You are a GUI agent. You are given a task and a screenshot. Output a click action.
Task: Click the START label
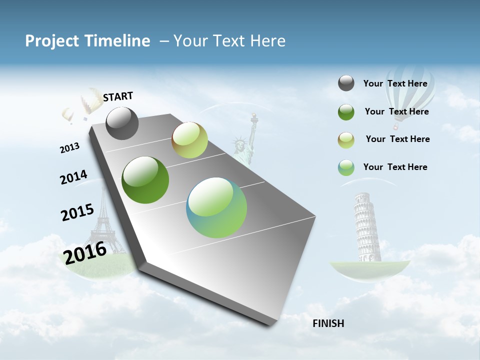click(x=118, y=96)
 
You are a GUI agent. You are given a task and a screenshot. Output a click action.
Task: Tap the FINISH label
click(x=328, y=323)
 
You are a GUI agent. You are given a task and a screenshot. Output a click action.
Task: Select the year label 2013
click(x=69, y=147)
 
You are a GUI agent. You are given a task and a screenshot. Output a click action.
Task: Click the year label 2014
click(x=73, y=177)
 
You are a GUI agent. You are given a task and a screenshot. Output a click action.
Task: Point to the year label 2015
click(x=77, y=212)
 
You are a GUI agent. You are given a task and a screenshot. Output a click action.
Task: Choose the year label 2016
click(x=85, y=252)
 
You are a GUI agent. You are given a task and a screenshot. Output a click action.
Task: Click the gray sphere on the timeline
click(x=122, y=123)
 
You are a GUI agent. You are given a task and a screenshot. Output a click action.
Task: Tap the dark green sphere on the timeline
click(x=145, y=180)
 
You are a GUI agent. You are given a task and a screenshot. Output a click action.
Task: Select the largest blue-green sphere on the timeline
click(x=216, y=207)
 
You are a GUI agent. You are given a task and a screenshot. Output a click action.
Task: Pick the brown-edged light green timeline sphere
click(x=189, y=140)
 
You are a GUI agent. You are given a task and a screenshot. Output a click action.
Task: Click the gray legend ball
click(x=346, y=83)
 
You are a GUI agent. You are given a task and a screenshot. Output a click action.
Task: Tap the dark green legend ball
click(x=346, y=112)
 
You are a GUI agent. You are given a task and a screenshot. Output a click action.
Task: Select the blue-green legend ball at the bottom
click(x=346, y=167)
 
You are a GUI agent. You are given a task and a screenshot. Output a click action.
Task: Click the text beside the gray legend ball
click(x=395, y=83)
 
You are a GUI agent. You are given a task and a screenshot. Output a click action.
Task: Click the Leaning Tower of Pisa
click(x=367, y=227)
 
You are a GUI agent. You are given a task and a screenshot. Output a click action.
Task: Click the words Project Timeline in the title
click(x=87, y=41)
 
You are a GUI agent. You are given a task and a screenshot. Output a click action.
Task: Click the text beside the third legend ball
click(x=397, y=139)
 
